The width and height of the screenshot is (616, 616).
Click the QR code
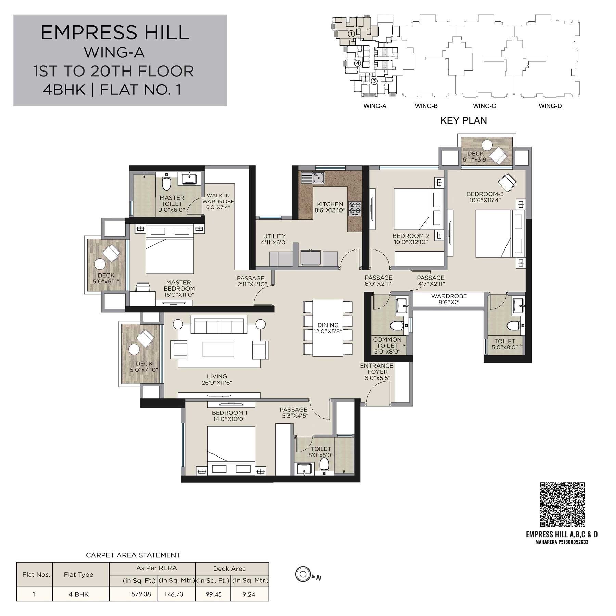[562, 504]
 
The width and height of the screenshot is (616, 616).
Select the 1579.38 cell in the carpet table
[140, 594]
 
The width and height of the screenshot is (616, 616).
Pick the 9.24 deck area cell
[249, 594]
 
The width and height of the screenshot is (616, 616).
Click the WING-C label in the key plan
[484, 106]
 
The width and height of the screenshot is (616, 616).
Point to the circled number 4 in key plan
[357, 63]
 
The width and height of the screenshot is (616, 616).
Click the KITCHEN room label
[330, 204]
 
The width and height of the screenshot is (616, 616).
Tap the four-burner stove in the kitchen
[355, 208]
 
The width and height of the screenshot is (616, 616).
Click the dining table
[328, 328]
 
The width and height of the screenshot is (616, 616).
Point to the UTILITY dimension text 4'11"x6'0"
[274, 242]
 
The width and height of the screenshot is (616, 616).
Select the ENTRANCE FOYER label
[377, 369]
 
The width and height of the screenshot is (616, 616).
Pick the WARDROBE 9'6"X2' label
[449, 299]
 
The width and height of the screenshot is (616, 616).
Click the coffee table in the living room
[218, 349]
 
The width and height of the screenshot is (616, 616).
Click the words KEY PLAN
[463, 120]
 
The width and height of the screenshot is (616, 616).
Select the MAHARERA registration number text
[562, 542]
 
